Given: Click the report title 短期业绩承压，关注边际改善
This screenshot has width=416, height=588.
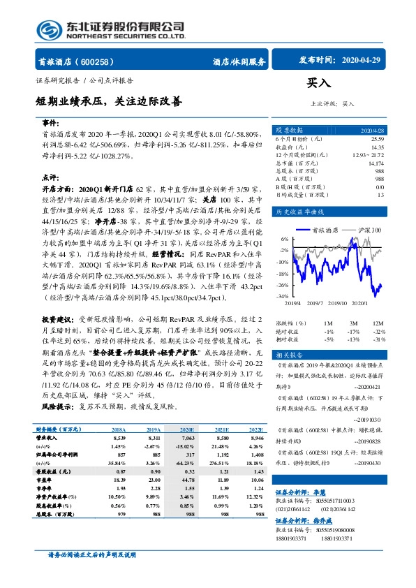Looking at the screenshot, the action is click(x=109, y=101).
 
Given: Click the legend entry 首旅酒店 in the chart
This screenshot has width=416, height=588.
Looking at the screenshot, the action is click(x=323, y=229).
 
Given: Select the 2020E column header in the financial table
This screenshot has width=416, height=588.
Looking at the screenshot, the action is click(x=186, y=429).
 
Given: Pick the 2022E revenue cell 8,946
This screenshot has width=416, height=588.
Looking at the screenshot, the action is click(x=255, y=437).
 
